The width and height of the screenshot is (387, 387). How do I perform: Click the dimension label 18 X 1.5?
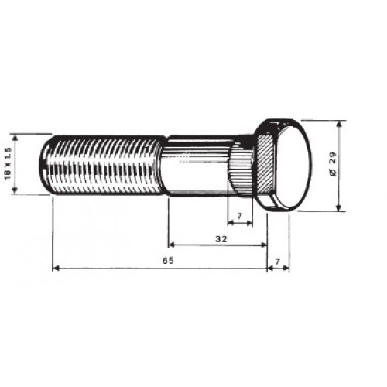(x=8, y=163)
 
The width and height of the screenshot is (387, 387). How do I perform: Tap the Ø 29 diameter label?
(x=333, y=164)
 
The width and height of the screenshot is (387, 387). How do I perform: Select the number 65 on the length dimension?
(x=168, y=261)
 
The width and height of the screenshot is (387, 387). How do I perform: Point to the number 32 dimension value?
(x=221, y=239)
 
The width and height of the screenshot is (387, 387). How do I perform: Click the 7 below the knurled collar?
(x=240, y=216)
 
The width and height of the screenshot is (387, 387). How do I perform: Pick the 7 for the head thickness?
(x=277, y=262)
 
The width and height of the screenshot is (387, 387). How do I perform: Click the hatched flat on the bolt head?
(x=265, y=164)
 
